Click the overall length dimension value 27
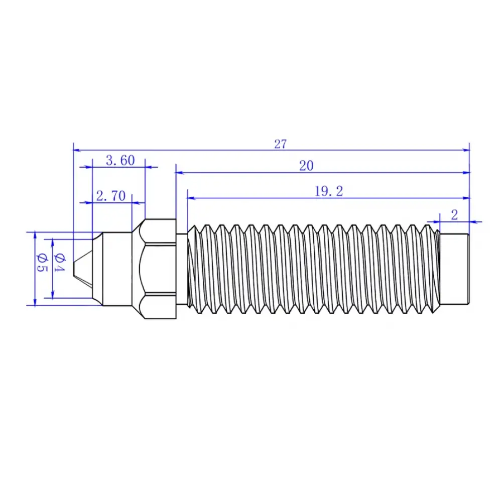(x=280, y=144)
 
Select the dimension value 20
(x=306, y=166)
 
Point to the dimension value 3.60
(x=120, y=161)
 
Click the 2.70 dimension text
(x=110, y=196)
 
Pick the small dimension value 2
(x=454, y=215)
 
